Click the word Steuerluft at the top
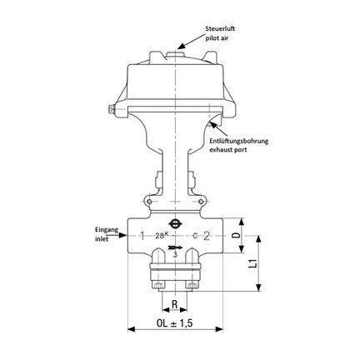coord(220,28)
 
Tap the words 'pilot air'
coord(217,38)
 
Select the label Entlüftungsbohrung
coord(239,141)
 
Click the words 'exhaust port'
coord(227,150)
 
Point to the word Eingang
coord(107,230)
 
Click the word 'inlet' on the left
coord(102,239)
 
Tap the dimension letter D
coord(236,236)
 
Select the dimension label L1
coord(252,263)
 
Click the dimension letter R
coord(174,304)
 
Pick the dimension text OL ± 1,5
coord(175,323)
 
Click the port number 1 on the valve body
coord(142,236)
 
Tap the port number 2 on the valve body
coord(207,236)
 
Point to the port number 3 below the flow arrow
coord(175,254)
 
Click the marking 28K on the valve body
coord(162,236)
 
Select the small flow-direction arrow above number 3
coord(175,247)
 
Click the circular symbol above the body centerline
coord(175,222)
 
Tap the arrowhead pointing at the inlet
coord(122,236)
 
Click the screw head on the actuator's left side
coord(112,109)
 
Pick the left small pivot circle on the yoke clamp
coord(149,202)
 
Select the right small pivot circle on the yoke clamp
coord(201,202)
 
